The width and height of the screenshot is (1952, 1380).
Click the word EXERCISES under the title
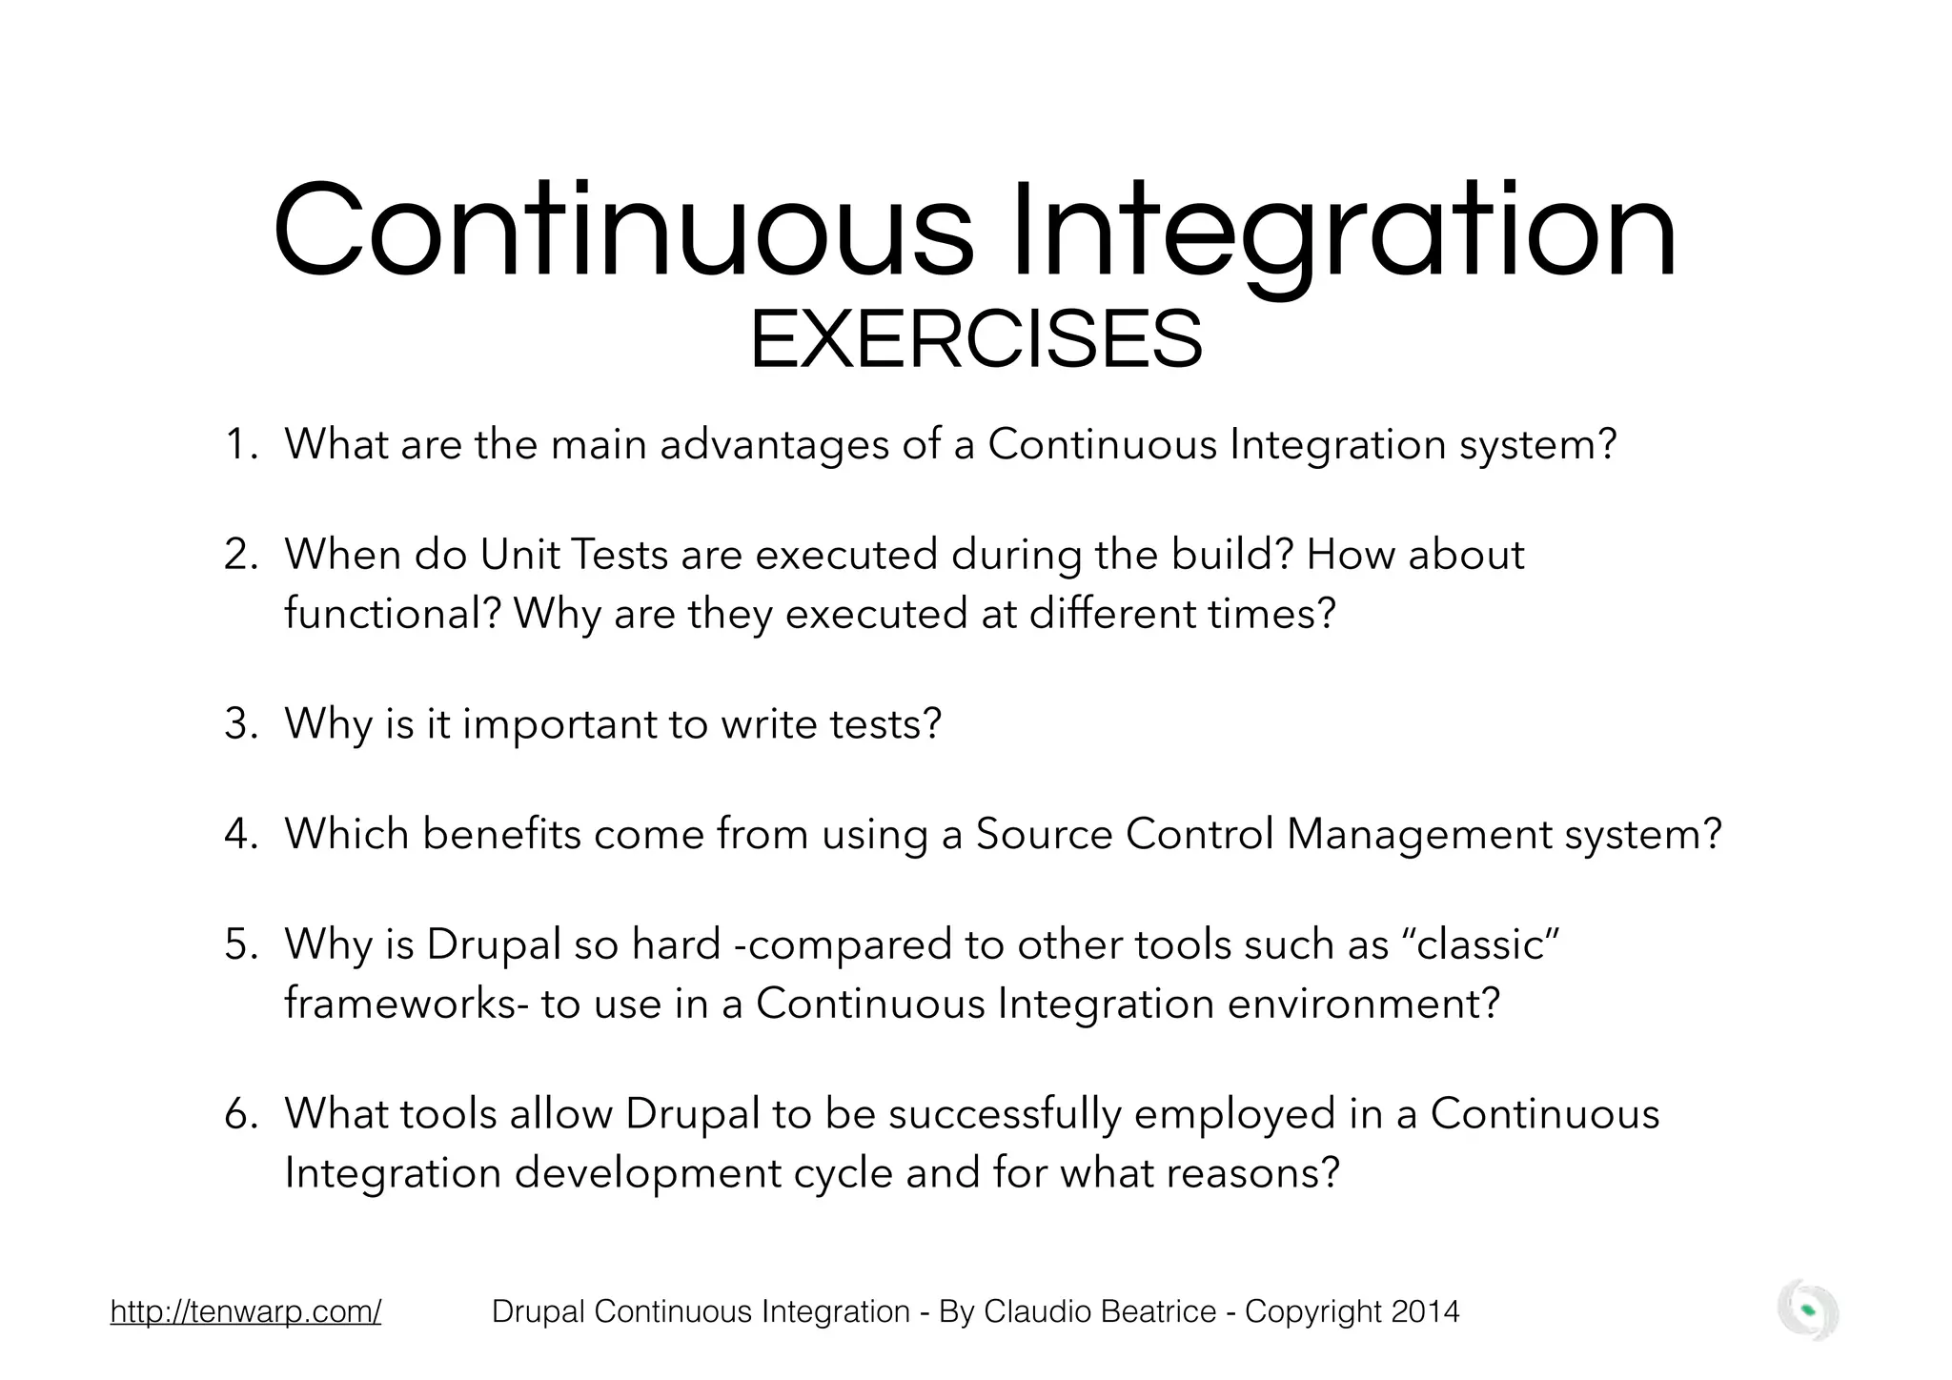click(975, 340)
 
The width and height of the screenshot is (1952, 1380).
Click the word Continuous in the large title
click(624, 232)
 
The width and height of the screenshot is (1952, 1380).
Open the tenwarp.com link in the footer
click(246, 1311)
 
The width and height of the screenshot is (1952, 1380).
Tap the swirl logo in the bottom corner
click(1807, 1310)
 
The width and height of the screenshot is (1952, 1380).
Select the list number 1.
click(237, 444)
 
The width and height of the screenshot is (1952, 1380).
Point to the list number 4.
click(237, 834)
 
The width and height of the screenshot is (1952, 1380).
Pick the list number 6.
click(237, 1113)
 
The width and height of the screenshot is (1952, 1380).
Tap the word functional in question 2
click(392, 613)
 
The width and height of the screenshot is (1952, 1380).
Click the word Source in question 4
click(1044, 834)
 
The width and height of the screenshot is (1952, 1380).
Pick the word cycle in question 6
click(843, 1173)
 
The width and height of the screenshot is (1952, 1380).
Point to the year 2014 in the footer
click(1425, 1311)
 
